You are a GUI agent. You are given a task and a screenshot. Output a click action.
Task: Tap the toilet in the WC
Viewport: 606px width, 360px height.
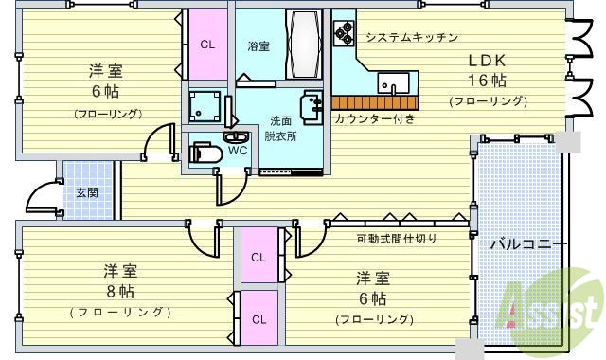pos(207,151)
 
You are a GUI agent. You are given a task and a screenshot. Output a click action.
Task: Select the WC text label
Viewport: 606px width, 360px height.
pos(238,150)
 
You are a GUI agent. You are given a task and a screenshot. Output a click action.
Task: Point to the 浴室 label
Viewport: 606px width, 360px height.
pos(259,45)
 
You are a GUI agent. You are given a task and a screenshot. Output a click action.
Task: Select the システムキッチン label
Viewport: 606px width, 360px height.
pos(412,38)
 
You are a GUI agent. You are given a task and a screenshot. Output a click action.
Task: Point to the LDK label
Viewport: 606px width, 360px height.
pos(485,60)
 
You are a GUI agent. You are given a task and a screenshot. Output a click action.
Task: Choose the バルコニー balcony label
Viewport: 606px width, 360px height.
pos(528,244)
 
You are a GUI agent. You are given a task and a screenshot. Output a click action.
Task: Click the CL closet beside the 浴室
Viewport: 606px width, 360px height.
pos(206,45)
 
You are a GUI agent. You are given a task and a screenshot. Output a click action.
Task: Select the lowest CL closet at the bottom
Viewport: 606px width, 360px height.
pos(258,318)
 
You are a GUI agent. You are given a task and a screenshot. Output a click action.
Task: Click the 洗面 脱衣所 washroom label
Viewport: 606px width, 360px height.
pos(281,128)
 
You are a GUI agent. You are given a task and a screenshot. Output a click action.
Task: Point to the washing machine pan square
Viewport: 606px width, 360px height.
pos(207,107)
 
